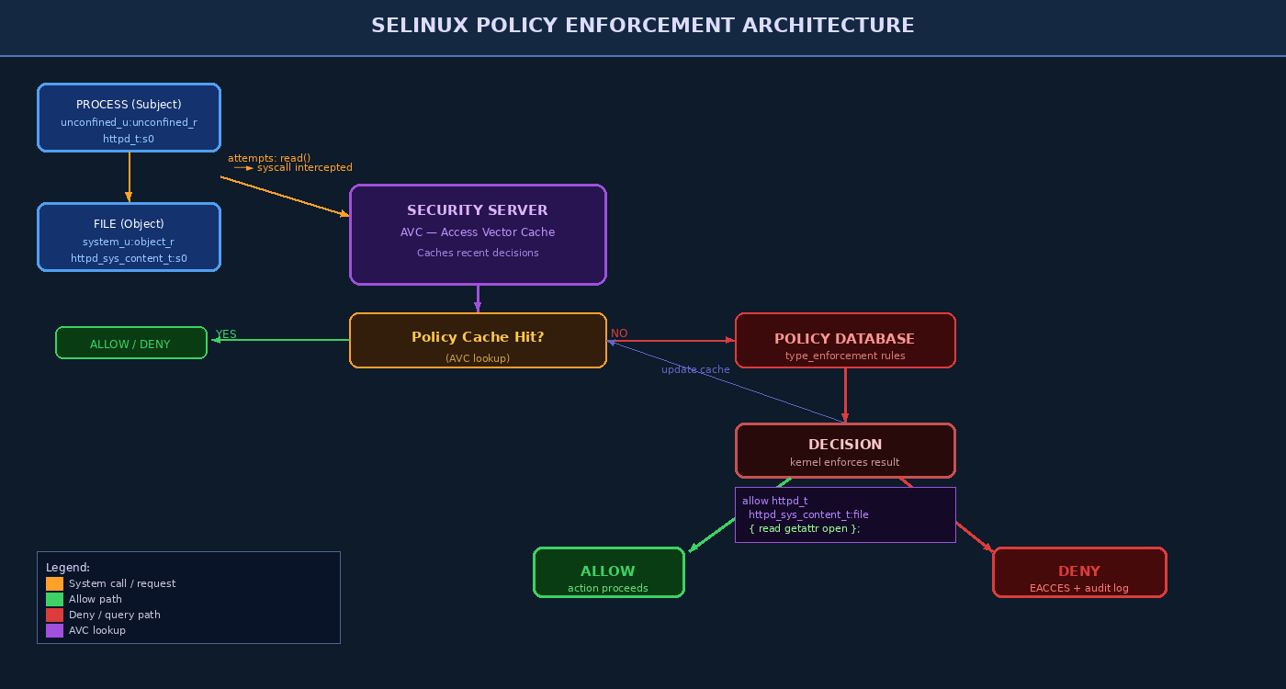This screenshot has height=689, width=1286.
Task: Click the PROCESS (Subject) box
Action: click(x=129, y=118)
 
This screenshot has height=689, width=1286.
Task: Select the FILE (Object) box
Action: click(x=129, y=237)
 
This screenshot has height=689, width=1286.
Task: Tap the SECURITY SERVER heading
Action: click(x=478, y=210)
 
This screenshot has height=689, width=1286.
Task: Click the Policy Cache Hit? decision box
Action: click(x=478, y=340)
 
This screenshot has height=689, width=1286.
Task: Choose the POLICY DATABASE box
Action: click(x=845, y=340)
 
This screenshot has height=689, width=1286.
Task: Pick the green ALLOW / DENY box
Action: click(x=130, y=344)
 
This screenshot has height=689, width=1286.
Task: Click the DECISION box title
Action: click(x=845, y=444)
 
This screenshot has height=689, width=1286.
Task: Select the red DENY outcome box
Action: click(x=1079, y=572)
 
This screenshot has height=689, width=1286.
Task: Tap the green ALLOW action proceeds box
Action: click(x=608, y=572)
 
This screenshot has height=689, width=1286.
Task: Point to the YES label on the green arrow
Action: click(x=226, y=334)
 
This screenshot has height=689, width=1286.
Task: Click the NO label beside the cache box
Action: click(x=619, y=333)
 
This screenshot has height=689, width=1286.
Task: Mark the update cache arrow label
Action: click(x=695, y=369)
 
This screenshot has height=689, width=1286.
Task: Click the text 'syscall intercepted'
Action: click(x=304, y=168)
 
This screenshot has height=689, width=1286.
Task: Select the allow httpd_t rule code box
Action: click(x=845, y=514)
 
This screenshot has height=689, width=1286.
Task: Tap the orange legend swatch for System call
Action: click(x=54, y=583)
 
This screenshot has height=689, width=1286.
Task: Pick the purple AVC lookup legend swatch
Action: click(x=54, y=630)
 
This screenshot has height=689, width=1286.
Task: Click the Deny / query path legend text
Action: click(x=114, y=615)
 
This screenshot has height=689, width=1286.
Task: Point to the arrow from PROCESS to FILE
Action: click(x=129, y=176)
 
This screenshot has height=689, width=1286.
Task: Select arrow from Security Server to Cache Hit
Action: click(x=478, y=299)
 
